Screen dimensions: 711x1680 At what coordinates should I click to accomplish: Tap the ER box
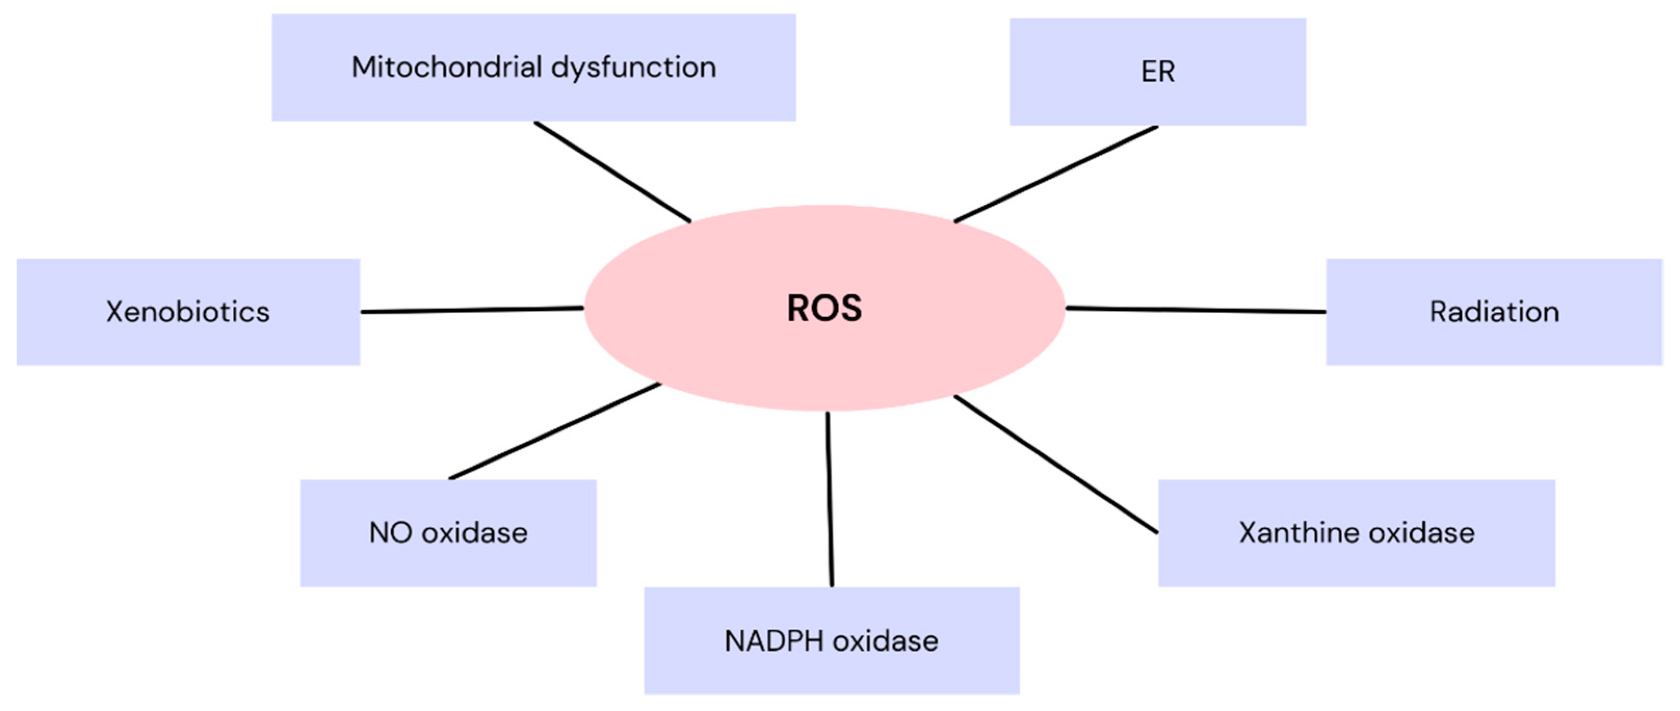click(x=1158, y=72)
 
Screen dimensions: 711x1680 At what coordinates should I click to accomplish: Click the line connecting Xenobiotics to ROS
click(x=472, y=310)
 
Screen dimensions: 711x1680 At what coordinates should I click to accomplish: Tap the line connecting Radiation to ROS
click(x=1196, y=310)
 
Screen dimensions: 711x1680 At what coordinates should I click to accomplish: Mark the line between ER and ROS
click(x=1056, y=174)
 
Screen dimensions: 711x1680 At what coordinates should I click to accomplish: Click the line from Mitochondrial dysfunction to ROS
click(x=612, y=172)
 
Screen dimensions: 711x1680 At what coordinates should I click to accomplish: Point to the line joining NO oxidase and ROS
click(x=554, y=431)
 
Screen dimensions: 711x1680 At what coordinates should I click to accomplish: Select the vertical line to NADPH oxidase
click(x=829, y=499)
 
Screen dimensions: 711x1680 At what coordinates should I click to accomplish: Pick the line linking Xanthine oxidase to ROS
click(x=1056, y=465)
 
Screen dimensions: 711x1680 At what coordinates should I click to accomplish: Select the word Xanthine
click(x=1299, y=533)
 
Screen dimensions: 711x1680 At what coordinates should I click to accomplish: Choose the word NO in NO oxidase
click(x=391, y=533)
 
